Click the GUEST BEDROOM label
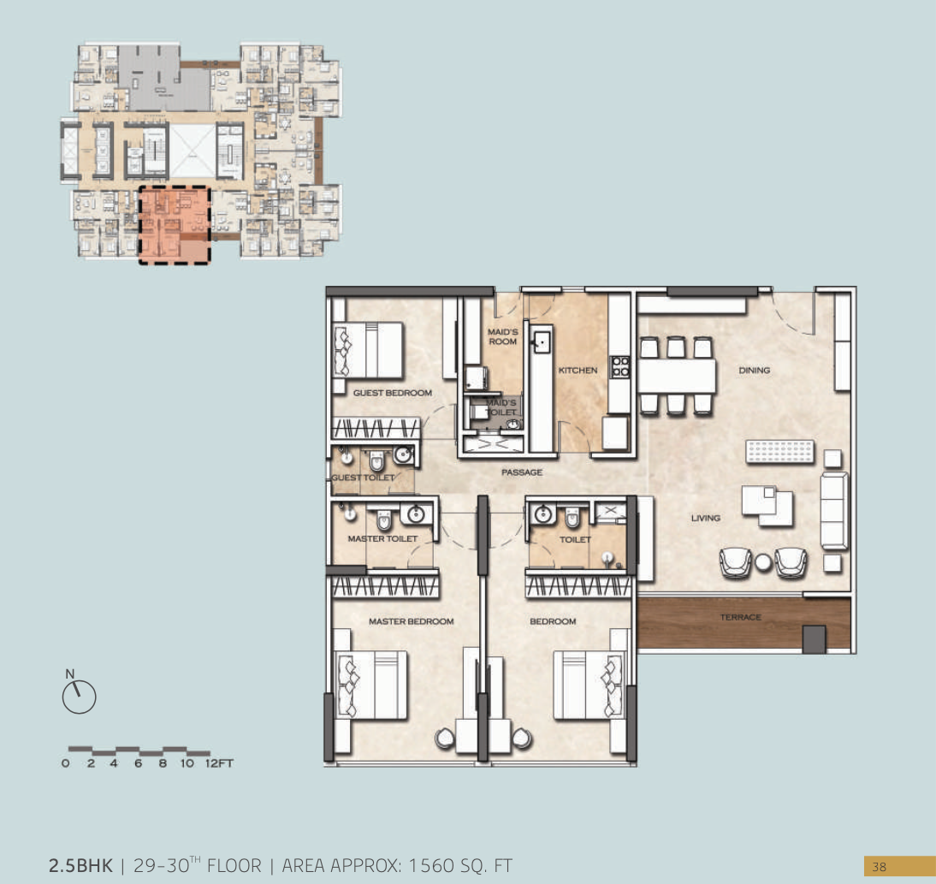click(393, 393)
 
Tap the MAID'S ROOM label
click(503, 336)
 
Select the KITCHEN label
click(578, 371)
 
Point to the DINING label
click(754, 371)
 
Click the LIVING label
click(706, 518)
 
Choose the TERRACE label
click(740, 617)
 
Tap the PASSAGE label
click(522, 472)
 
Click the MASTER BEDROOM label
click(411, 621)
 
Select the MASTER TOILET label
click(382, 539)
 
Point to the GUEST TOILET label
click(363, 478)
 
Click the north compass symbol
click(79, 697)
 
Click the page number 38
click(880, 867)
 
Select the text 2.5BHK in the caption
click(80, 865)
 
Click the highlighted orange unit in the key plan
click(175, 225)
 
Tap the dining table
click(677, 375)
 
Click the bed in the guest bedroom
click(368, 349)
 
